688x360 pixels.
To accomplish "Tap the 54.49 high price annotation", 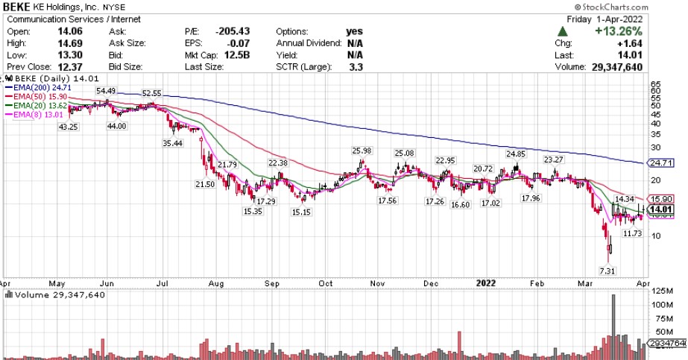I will point(104,91).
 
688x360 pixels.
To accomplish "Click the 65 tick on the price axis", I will point(656,84).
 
